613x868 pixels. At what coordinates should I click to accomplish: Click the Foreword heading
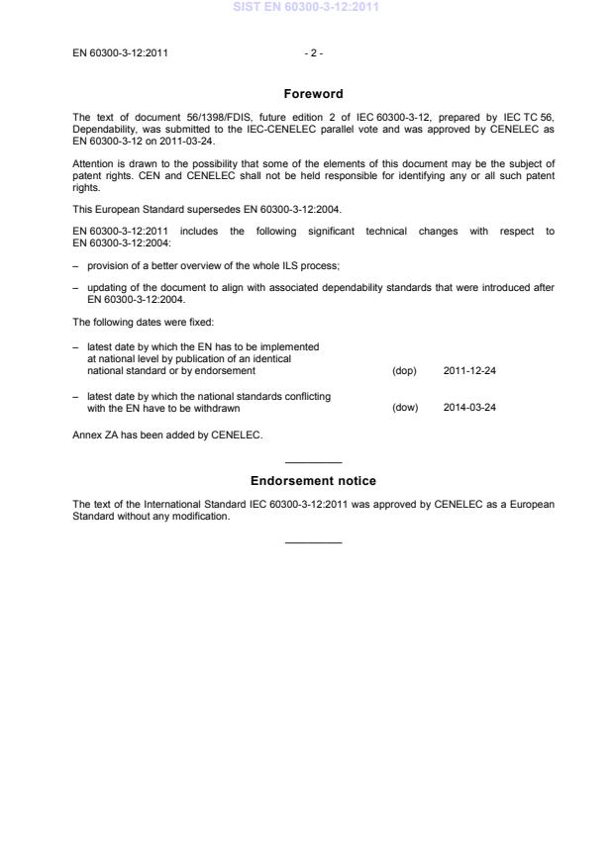(313, 94)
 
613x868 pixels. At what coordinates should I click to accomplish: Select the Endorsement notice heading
(313, 481)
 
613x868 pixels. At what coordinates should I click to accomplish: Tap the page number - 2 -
(313, 52)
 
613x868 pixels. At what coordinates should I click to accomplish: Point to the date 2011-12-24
(469, 371)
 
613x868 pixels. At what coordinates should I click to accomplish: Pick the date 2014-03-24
(469, 407)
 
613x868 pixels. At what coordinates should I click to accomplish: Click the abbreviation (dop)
(404, 371)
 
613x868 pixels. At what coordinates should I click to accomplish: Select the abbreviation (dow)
(404, 407)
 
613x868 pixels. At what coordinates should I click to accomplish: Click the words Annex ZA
(96, 434)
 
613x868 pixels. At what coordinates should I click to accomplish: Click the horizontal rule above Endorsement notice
(313, 463)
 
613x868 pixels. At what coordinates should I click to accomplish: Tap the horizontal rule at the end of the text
(313, 541)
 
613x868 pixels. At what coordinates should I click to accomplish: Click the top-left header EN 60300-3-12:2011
(120, 52)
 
